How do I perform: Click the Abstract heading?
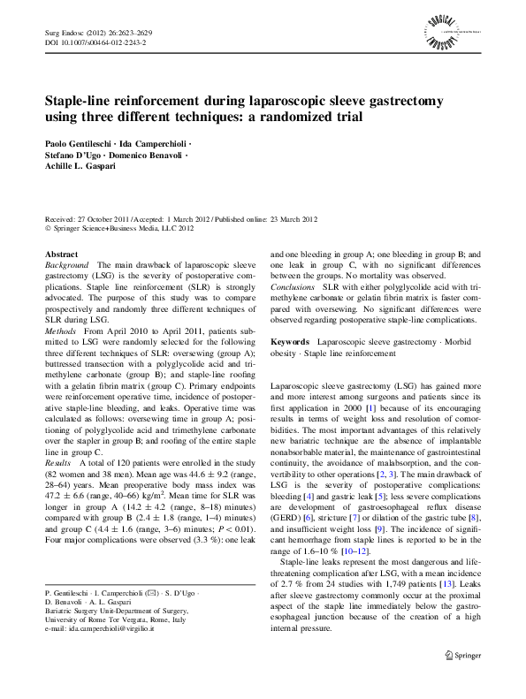tap(61, 254)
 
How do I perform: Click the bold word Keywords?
tap(289, 341)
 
